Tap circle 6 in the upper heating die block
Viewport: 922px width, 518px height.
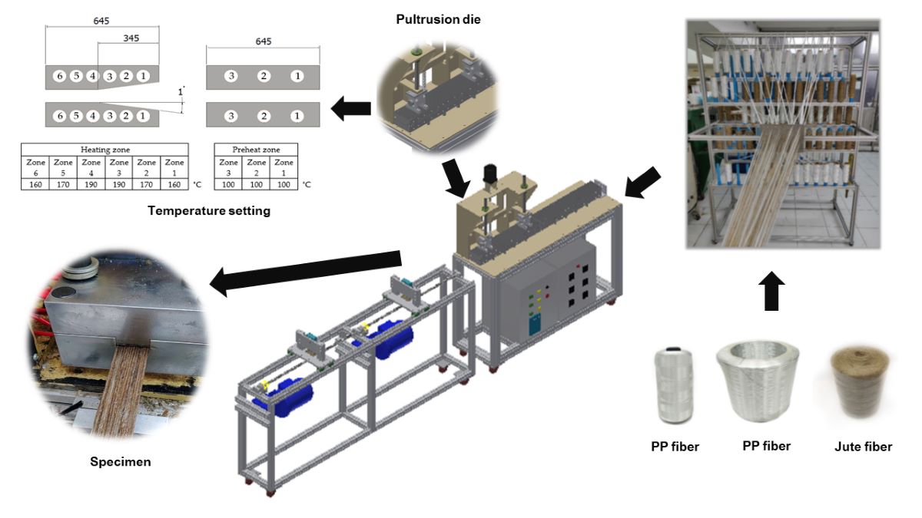[58, 76]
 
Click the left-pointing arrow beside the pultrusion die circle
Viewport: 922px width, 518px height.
[350, 111]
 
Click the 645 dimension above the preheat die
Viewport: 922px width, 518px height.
[263, 41]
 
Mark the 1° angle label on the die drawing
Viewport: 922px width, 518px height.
[181, 91]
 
